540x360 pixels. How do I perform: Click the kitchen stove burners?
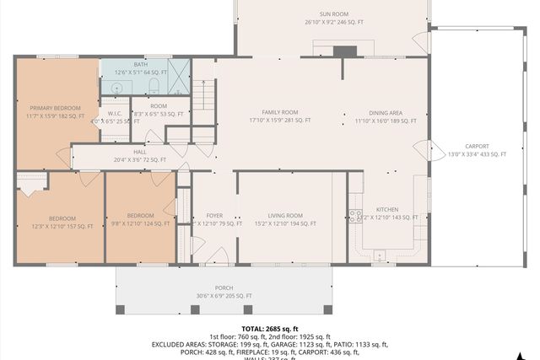point(355,216)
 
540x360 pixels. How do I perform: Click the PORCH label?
point(224,291)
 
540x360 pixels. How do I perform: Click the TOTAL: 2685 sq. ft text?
point(269,328)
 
